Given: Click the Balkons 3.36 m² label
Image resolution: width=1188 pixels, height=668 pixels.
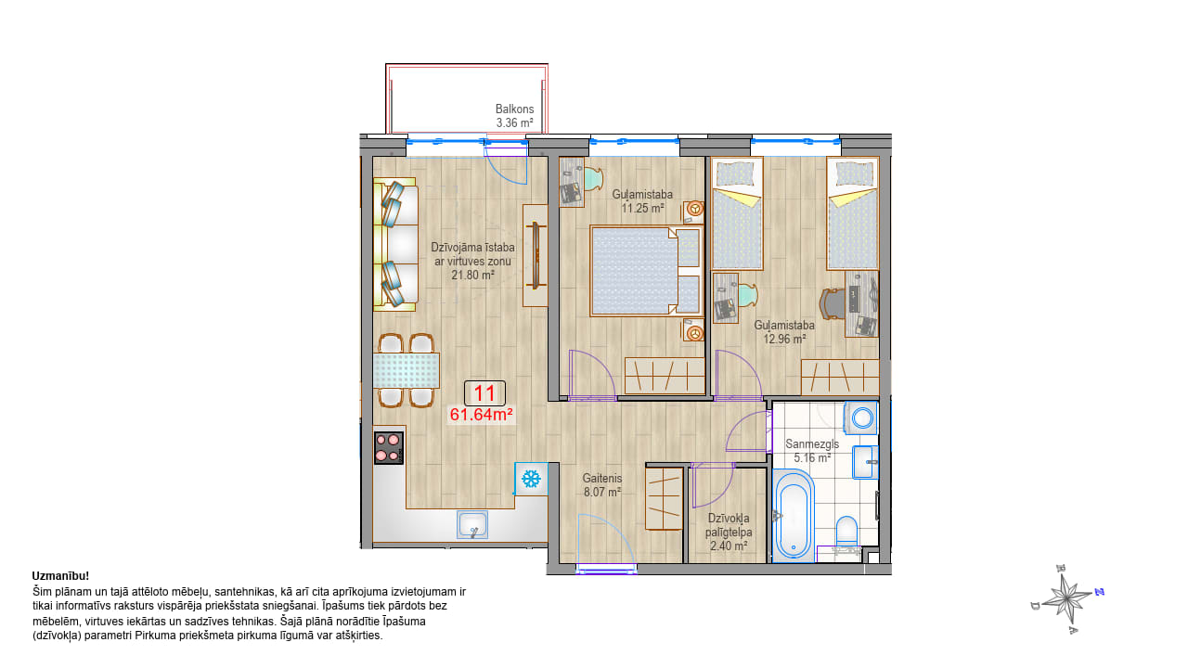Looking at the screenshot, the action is coord(514,116).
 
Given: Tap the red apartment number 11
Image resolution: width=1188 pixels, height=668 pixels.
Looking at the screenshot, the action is coord(484,393).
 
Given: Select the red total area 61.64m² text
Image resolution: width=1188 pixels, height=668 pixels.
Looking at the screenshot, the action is coord(481,415).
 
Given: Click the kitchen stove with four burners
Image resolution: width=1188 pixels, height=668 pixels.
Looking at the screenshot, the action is coord(389,448).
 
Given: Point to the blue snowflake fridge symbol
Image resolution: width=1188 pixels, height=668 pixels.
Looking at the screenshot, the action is coord(531,479).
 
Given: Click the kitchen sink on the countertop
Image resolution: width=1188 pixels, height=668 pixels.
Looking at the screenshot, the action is coord(472,525).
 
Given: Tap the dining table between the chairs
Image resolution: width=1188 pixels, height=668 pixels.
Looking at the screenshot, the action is coord(407,370).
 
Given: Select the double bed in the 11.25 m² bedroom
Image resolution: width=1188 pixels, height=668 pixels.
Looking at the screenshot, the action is coord(647,271).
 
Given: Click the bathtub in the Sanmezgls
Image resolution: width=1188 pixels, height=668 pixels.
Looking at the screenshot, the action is coord(793,515).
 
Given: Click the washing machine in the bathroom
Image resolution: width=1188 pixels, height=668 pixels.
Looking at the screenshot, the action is coord(860,417).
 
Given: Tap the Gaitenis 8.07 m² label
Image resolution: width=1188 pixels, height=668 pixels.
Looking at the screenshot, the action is coord(602,485).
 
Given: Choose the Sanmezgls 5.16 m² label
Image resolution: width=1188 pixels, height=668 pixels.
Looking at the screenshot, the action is coord(812,451).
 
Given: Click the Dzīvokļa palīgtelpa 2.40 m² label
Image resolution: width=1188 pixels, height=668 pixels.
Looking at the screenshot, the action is coord(729,532).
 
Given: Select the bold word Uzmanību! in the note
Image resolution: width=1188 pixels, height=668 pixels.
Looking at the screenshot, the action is coord(60,576).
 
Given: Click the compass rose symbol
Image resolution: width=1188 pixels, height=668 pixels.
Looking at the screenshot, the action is coord(1067,599).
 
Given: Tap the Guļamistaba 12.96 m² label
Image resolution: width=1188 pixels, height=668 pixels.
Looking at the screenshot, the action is coord(784,332).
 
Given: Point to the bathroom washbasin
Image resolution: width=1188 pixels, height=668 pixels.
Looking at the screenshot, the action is coord(865,462).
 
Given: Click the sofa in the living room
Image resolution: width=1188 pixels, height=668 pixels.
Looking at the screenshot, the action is coord(395,244).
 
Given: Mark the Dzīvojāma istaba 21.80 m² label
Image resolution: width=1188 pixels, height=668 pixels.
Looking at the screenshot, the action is coord(472,262).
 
